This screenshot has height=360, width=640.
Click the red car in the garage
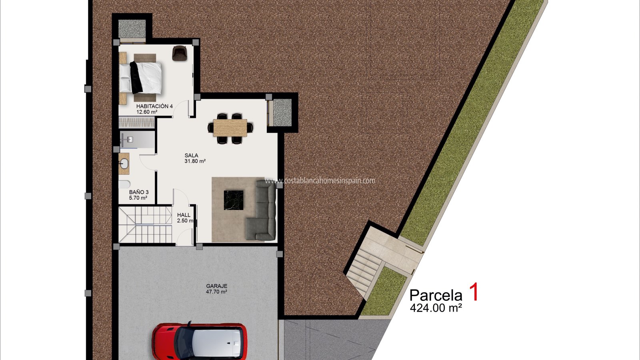200,341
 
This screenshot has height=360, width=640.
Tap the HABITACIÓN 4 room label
154,106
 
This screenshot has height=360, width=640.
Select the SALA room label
192,156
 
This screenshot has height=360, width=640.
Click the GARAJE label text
217,286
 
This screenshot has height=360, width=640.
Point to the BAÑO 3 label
139,192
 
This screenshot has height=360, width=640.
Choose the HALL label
184,215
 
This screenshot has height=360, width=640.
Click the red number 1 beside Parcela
474,292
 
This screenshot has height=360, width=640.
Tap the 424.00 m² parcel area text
436,308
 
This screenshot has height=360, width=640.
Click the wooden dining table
230,128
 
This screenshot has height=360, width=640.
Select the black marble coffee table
234,200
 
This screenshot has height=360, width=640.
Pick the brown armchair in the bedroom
180,53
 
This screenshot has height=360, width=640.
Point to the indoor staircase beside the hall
146,224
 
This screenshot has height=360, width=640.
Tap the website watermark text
320,180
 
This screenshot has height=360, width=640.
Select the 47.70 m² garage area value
216,292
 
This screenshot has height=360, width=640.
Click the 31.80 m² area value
195,161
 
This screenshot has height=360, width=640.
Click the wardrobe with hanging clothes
137,122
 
